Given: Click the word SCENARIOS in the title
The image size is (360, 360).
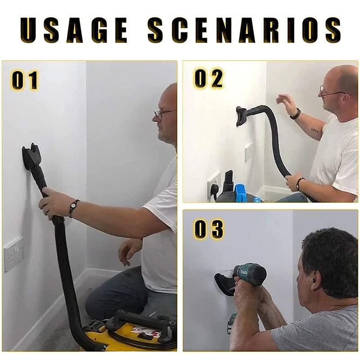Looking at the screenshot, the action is pos(244,30).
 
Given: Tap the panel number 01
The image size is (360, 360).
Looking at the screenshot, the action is pos(24,80).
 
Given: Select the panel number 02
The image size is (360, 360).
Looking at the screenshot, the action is pos(208,79).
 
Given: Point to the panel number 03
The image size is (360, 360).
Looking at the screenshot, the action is pos(208,229).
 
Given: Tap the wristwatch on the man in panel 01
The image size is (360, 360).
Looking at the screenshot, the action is pos(74,207).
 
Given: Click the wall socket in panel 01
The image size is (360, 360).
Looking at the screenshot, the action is pos(14,255).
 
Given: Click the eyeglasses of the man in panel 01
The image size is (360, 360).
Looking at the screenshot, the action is pos(163,113).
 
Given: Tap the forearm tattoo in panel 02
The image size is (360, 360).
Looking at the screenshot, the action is pos(314,130).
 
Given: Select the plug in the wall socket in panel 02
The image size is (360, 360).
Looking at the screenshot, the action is pos(214,190).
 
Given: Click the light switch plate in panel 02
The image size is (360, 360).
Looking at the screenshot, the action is pos(248,153).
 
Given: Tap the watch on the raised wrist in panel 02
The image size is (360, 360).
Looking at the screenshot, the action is pos(296,114).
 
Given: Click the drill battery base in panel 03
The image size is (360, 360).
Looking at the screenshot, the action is pos(232,323).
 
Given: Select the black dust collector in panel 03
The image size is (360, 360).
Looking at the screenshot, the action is pos(224,284).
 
